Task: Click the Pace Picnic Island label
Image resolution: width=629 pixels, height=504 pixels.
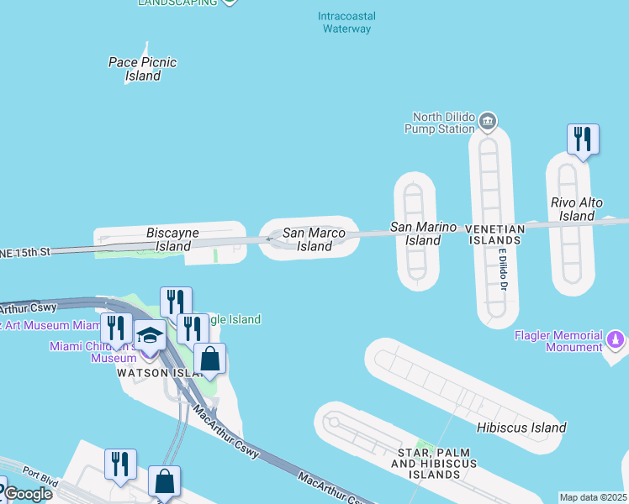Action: pyautogui.click(x=143, y=69)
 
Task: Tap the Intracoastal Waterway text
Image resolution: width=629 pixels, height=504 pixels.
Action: pyautogui.click(x=347, y=23)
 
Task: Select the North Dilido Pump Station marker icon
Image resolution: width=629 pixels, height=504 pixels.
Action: pyautogui.click(x=488, y=123)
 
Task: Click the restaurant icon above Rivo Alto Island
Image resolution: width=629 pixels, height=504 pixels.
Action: pyautogui.click(x=583, y=139)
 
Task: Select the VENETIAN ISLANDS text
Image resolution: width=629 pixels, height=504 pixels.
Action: pyautogui.click(x=496, y=234)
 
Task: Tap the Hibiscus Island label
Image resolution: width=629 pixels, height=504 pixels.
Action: pyautogui.click(x=521, y=428)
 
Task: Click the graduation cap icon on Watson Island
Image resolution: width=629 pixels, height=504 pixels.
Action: pyautogui.click(x=150, y=336)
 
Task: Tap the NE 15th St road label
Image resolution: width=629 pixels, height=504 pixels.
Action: pyautogui.click(x=25, y=252)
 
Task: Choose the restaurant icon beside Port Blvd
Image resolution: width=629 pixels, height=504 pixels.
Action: pyautogui.click(x=120, y=464)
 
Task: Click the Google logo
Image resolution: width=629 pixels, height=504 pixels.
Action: pyautogui.click(x=27, y=494)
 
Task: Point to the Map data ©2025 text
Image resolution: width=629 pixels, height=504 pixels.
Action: pyautogui.click(x=594, y=497)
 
